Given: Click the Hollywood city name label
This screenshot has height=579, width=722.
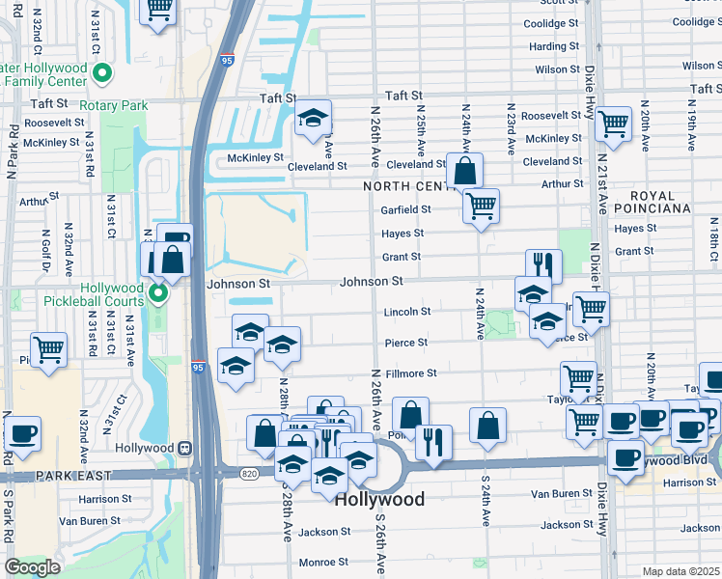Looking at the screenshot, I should point(380,499).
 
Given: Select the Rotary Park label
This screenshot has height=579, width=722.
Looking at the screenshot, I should point(113,105).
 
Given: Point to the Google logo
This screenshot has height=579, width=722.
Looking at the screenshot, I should point(32,567).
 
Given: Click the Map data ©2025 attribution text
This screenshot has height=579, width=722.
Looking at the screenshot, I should point(680,571).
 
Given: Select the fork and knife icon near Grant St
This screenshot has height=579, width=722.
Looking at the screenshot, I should point(543,264).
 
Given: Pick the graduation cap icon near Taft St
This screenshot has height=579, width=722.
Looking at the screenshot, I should point(312,118).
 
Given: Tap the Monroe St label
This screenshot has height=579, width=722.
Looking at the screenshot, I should point(322,562).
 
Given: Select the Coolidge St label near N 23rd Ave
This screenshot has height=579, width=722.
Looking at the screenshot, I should point(553,22).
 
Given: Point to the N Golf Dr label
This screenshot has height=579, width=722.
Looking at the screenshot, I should point(45,249).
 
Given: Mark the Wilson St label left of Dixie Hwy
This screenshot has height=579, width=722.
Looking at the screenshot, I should point(557,69).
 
